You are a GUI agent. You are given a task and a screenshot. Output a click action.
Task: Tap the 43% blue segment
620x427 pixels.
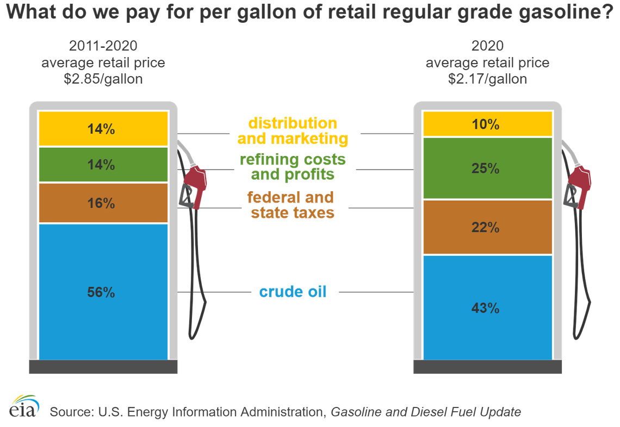tap(487, 307)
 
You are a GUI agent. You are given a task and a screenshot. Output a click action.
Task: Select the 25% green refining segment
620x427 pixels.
tap(487, 168)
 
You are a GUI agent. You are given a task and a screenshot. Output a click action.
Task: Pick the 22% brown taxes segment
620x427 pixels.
tap(487, 228)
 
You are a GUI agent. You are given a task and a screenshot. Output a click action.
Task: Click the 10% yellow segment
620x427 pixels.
tap(487, 124)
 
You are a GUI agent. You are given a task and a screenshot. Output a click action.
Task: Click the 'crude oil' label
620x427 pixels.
tap(293, 292)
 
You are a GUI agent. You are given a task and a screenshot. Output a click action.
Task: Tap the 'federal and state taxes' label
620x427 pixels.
tap(293, 204)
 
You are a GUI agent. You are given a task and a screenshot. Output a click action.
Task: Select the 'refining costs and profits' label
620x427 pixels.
tap(293, 167)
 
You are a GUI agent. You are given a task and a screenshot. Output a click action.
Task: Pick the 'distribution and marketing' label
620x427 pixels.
tap(293, 131)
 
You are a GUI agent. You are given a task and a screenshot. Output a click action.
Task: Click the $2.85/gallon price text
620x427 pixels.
tap(103, 79)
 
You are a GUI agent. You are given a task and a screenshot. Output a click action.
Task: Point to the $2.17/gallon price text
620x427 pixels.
tap(487, 79)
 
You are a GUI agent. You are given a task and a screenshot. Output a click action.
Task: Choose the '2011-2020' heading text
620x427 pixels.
tap(103, 46)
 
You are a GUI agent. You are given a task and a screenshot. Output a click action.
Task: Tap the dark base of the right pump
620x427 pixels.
tap(487, 367)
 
